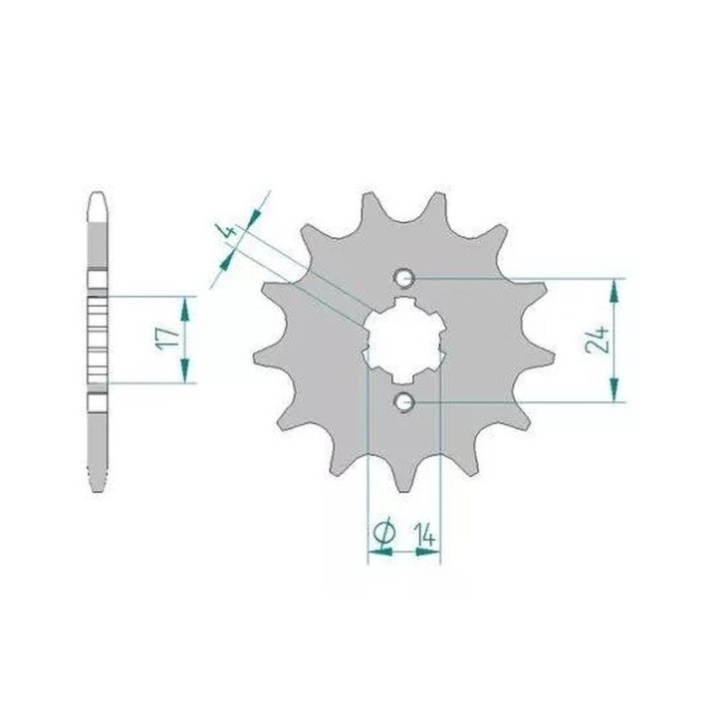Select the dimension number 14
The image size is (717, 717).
tap(424, 535)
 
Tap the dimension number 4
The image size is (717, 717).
tap(231, 230)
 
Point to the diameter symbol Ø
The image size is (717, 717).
tap(383, 532)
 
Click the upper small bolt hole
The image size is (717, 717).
tap(403, 277)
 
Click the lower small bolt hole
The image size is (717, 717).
tap(403, 402)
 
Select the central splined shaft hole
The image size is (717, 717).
tap(403, 340)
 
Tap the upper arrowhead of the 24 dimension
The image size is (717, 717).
tap(613, 291)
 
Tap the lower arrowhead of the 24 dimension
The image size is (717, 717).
tap(613, 389)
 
